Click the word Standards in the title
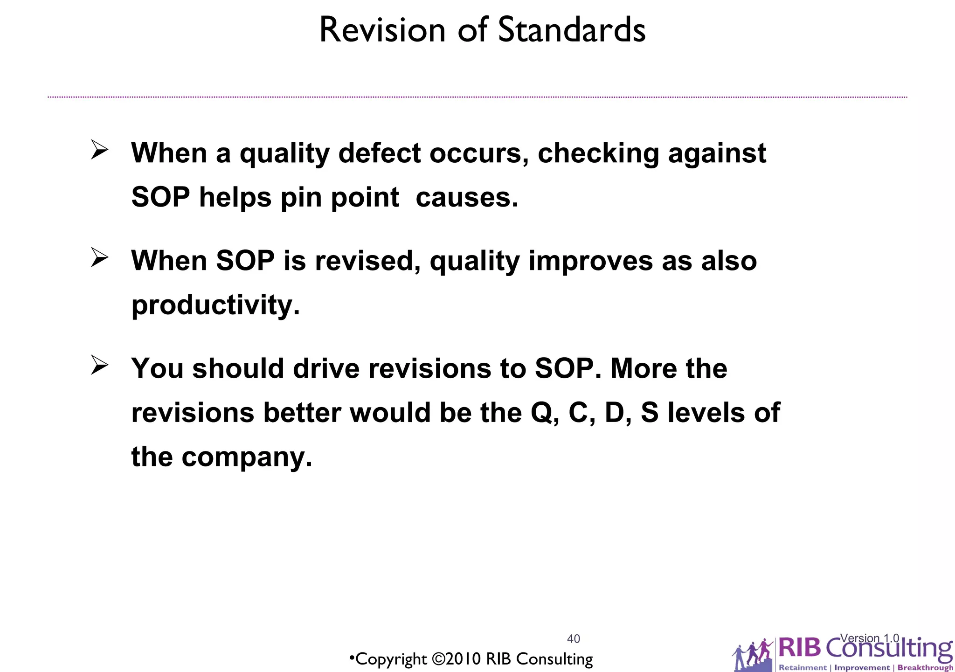[x=572, y=30]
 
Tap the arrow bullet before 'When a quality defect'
[x=99, y=150]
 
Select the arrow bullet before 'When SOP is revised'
[x=99, y=257]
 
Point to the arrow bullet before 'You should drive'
[x=99, y=365]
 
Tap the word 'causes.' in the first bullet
[x=467, y=197]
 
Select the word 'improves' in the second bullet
[x=590, y=261]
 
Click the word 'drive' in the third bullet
[x=326, y=368]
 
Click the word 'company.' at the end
[x=247, y=457]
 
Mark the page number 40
[x=573, y=638]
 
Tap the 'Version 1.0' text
[x=869, y=638]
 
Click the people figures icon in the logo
[x=752, y=653]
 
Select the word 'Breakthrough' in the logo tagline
[x=925, y=667]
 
